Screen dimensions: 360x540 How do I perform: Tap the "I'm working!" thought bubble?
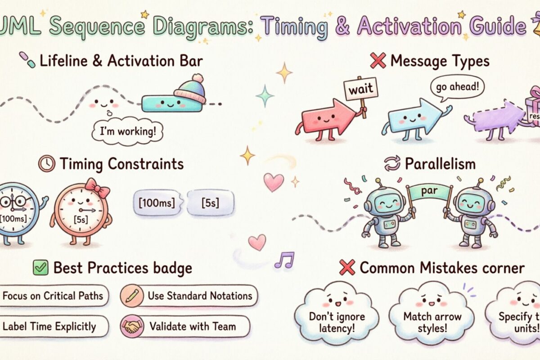(x=127, y=132)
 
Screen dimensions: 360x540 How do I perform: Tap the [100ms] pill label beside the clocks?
(x=154, y=202)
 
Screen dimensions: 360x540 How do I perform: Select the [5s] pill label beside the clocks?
(x=210, y=202)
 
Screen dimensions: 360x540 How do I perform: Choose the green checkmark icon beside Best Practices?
(x=40, y=268)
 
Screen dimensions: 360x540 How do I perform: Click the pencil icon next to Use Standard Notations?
(x=132, y=297)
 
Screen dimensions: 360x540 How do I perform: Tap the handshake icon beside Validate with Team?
(x=132, y=326)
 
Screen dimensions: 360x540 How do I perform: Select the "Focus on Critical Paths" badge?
(x=53, y=296)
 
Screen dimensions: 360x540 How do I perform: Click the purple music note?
(x=284, y=260)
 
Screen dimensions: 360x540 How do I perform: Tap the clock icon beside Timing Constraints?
(x=46, y=164)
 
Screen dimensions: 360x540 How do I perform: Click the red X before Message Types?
(x=378, y=61)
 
